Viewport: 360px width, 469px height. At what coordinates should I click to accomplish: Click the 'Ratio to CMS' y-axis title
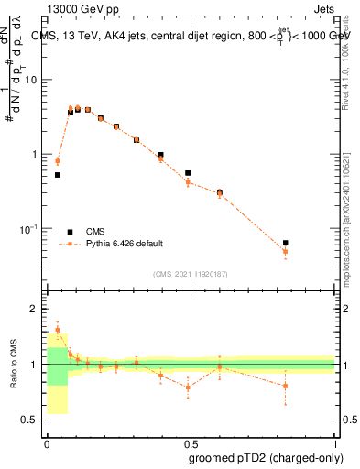click(12, 365)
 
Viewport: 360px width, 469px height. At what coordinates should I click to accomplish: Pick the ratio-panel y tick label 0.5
click(32, 420)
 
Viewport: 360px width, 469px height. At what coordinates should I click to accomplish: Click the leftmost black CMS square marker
click(58, 174)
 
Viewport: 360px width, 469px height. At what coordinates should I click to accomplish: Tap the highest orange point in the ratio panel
click(58, 330)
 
